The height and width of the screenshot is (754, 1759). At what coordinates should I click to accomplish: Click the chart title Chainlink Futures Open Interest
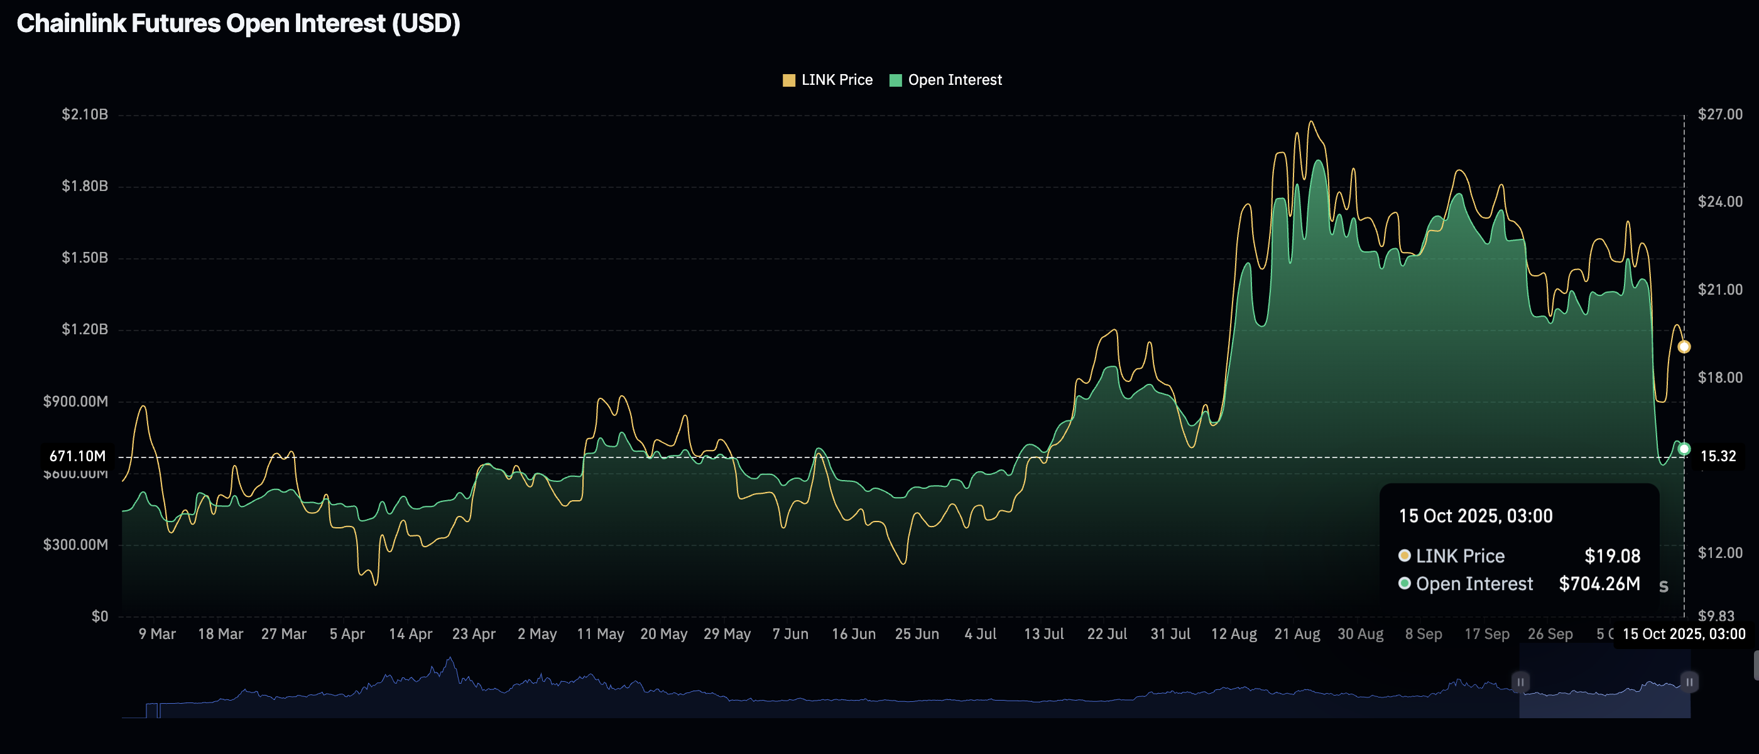[238, 24]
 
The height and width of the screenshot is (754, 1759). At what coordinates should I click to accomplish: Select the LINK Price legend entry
[827, 80]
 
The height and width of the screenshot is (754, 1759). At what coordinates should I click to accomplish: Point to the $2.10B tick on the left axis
[85, 114]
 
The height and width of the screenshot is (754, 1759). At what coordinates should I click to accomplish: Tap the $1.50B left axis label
[85, 258]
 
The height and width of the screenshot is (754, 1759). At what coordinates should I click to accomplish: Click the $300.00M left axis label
[76, 544]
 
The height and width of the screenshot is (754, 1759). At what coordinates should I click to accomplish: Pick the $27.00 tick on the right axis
[1719, 114]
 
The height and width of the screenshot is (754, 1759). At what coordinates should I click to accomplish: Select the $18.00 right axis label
[1719, 378]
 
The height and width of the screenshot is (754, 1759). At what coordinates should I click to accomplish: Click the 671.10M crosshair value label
[78, 456]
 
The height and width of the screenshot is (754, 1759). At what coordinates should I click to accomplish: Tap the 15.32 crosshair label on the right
[1718, 456]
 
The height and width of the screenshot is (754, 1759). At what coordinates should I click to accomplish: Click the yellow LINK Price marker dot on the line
[1684, 347]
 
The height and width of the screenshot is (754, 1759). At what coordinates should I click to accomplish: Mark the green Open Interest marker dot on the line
[1684, 449]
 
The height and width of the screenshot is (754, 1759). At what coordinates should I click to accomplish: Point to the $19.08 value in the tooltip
[1611, 556]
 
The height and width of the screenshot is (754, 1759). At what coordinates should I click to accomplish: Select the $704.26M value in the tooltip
[1599, 584]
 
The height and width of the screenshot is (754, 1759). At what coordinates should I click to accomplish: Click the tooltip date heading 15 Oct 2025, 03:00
[1475, 516]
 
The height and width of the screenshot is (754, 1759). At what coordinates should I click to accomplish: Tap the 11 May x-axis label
[600, 634]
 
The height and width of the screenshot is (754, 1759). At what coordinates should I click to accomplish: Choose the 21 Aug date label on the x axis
[1297, 634]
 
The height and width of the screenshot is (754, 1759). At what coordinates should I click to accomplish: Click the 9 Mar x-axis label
[157, 634]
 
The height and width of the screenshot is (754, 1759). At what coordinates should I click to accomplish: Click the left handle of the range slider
[1520, 682]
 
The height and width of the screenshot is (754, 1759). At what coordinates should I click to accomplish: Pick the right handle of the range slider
[1689, 682]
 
